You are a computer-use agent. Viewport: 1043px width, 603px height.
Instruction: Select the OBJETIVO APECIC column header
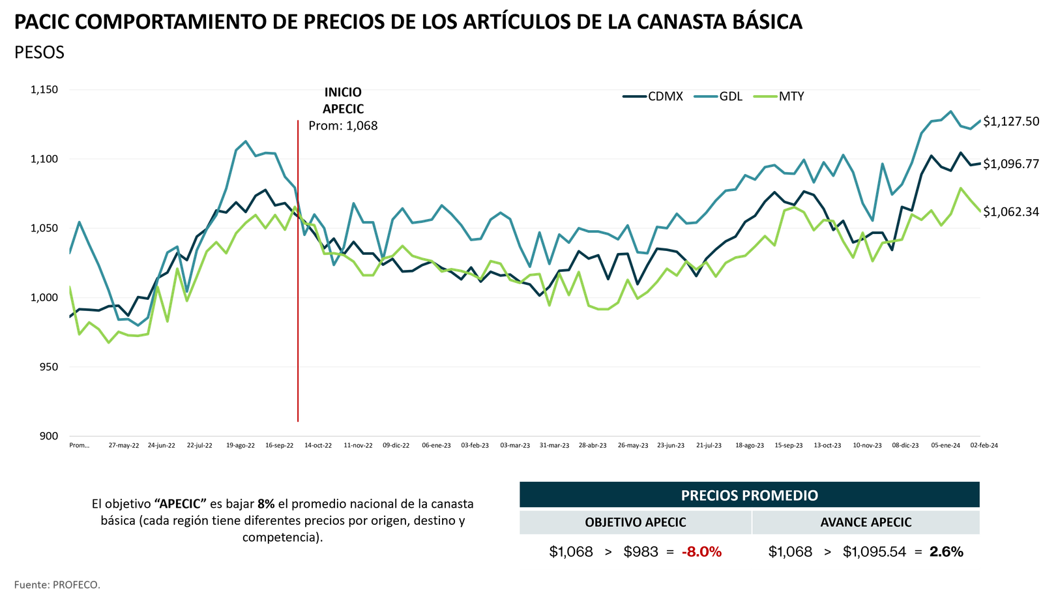pyautogui.click(x=635, y=522)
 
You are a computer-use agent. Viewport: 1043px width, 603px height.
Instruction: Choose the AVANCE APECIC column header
pyautogui.click(x=866, y=522)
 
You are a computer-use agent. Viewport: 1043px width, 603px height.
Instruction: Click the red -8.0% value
pyautogui.click(x=701, y=552)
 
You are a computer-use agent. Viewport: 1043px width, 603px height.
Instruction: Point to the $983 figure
pyautogui.click(x=641, y=552)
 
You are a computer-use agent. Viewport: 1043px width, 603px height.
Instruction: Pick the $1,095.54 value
pyautogui.click(x=874, y=552)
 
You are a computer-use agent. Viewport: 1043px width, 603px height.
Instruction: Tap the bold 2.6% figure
pyautogui.click(x=946, y=552)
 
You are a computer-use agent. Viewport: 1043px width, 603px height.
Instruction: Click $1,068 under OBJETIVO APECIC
pyautogui.click(x=571, y=552)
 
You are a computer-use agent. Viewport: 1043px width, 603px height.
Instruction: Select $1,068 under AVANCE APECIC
pyautogui.click(x=790, y=552)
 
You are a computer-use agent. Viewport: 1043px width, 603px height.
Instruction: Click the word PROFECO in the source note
pyautogui.click(x=76, y=585)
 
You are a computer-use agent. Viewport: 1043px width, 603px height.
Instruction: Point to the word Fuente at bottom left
pyautogui.click(x=31, y=585)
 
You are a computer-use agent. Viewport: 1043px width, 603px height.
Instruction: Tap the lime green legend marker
pyautogui.click(x=765, y=96)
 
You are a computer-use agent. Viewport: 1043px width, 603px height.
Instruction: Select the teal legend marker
pyautogui.click(x=705, y=96)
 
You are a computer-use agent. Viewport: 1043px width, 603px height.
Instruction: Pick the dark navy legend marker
pyautogui.click(x=634, y=96)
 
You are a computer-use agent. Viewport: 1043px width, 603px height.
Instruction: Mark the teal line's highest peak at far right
pyautogui.click(x=950, y=110)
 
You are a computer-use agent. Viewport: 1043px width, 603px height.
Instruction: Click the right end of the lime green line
pyautogui.click(x=980, y=211)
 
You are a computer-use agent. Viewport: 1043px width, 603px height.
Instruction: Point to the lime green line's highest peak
pyautogui.click(x=960, y=187)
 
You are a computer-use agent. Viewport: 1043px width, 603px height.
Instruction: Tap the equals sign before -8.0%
pyautogui.click(x=669, y=552)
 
